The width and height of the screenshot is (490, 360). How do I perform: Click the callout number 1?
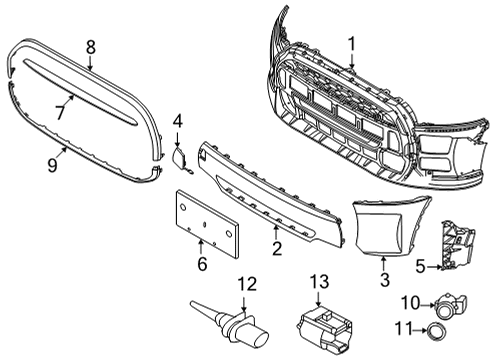(351, 43)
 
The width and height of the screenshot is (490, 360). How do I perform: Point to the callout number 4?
(177, 123)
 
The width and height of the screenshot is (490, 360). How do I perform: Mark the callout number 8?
(90, 45)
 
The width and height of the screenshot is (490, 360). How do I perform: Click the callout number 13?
(319, 283)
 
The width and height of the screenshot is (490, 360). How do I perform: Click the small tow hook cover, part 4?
(181, 157)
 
